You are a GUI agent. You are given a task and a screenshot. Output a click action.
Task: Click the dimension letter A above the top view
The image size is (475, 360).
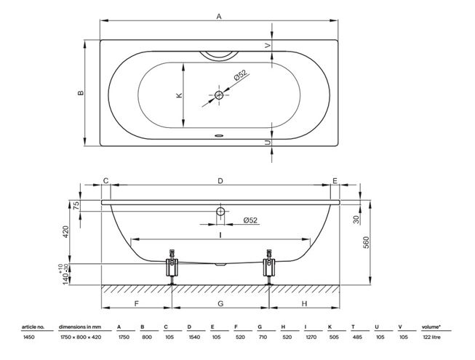(x=219, y=16)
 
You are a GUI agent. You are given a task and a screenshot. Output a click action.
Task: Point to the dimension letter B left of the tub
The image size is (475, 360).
(x=81, y=92)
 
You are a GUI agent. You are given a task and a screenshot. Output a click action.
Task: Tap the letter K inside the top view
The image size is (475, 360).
(x=180, y=95)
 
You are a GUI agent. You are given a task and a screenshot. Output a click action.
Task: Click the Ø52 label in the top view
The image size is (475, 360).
(x=241, y=75)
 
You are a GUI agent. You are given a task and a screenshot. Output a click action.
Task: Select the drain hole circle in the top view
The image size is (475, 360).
(x=219, y=95)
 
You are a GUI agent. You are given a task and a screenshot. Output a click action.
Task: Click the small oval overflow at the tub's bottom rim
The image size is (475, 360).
(x=219, y=136)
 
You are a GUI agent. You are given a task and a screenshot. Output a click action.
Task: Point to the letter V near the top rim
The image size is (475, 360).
(x=268, y=45)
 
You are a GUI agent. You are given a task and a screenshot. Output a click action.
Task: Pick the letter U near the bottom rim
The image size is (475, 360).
(x=268, y=143)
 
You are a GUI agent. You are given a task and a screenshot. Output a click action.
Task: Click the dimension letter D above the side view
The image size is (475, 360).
(x=220, y=181)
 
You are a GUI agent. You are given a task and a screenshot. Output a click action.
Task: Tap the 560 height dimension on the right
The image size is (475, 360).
(x=366, y=242)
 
